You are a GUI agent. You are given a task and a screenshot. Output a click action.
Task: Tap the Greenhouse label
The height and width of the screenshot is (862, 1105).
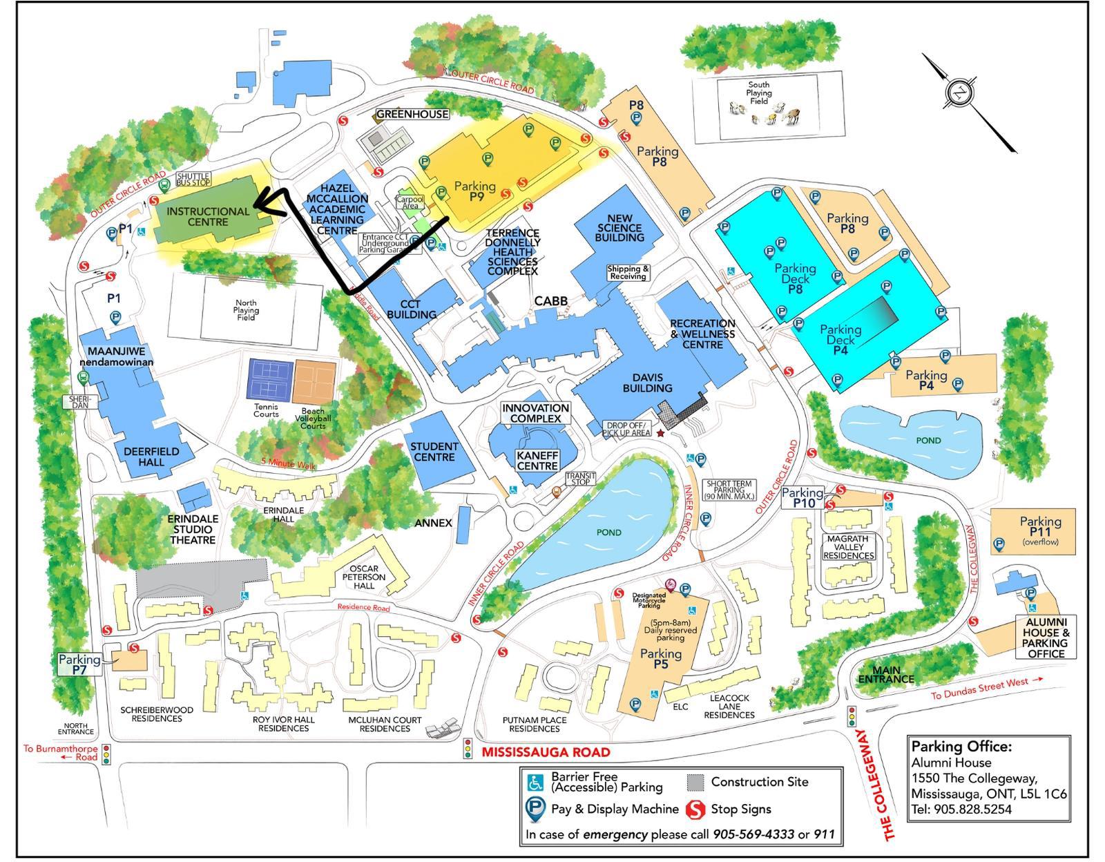[x=412, y=114]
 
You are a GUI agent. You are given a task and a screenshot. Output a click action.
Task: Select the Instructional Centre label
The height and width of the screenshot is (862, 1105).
[x=207, y=216]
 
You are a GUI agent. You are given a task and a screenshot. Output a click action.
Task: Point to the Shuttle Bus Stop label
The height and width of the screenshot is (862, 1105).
[x=194, y=180]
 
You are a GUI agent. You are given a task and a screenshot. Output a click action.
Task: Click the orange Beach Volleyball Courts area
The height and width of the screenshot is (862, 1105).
[x=314, y=381]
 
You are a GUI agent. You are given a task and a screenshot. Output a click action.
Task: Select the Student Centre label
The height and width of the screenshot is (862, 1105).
[x=434, y=452]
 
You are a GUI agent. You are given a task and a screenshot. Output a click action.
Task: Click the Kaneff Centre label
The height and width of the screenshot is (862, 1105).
[x=537, y=460]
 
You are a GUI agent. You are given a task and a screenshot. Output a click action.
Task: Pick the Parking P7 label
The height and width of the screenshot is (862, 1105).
[x=79, y=664]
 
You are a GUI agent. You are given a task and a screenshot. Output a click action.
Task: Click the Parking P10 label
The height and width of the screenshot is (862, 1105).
[x=803, y=497]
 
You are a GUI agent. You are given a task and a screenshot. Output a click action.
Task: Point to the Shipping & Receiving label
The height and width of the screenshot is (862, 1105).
[x=628, y=272]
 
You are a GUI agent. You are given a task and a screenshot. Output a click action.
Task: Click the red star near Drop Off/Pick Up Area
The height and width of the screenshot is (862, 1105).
[x=660, y=433]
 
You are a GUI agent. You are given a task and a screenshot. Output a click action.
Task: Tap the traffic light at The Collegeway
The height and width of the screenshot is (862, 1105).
[x=852, y=716]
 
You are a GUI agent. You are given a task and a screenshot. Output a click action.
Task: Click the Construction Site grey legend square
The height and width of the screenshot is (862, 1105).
[x=696, y=782]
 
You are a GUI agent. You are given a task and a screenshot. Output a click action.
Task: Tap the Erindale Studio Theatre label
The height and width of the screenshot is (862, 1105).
[x=193, y=529]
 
